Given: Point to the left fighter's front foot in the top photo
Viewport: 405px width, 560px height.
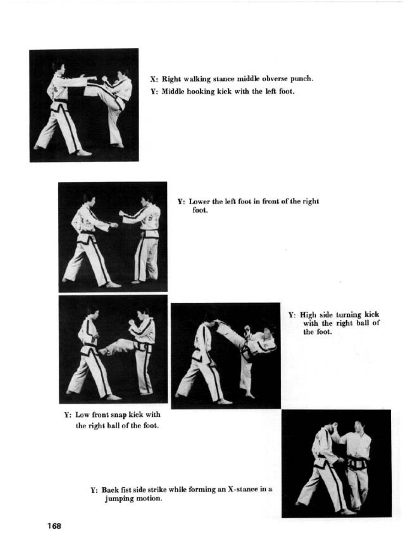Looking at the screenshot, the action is tap(84, 152).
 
